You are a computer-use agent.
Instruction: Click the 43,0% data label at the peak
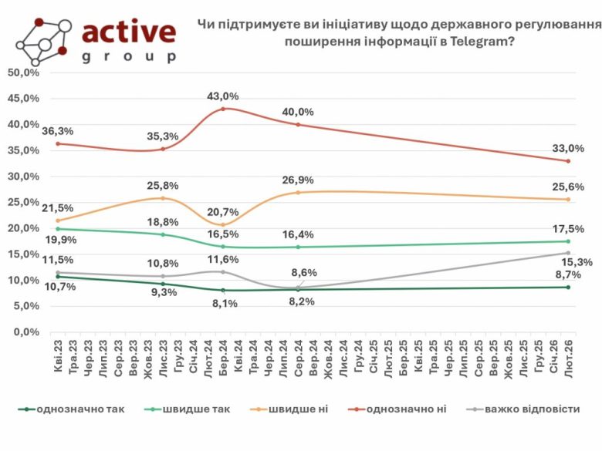point(223,96)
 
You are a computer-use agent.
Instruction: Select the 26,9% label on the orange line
point(299,180)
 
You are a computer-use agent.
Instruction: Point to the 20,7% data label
point(222,212)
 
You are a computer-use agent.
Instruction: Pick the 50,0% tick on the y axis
point(23,72)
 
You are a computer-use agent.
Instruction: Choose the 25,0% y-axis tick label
point(23,202)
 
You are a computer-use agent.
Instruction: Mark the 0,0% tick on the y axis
point(25,332)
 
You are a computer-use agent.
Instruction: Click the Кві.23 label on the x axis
point(58,354)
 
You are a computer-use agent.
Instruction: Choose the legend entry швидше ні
point(299,409)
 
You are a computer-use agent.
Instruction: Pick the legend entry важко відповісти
point(532,409)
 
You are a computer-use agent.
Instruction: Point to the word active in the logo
point(129,32)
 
